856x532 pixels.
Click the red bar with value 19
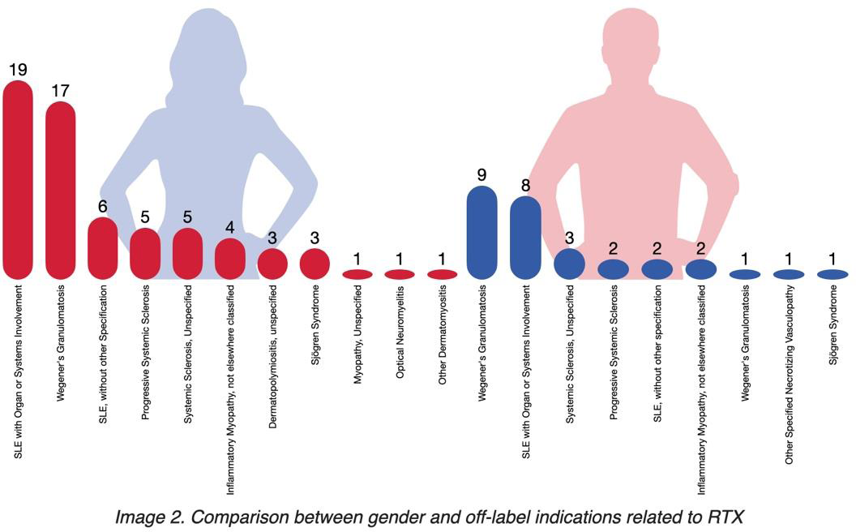pos(18,178)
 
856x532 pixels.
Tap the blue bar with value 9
pos(482,232)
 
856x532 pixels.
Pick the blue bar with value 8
pos(525,236)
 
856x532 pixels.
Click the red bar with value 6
pos(103,247)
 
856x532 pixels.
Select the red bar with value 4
pos(229,257)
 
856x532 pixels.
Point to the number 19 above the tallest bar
pos(18,70)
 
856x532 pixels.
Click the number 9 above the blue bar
pos(482,174)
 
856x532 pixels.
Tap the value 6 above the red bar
pos(103,206)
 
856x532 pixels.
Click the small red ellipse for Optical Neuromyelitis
pos(400,274)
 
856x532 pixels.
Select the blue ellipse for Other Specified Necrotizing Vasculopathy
pos(790,274)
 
